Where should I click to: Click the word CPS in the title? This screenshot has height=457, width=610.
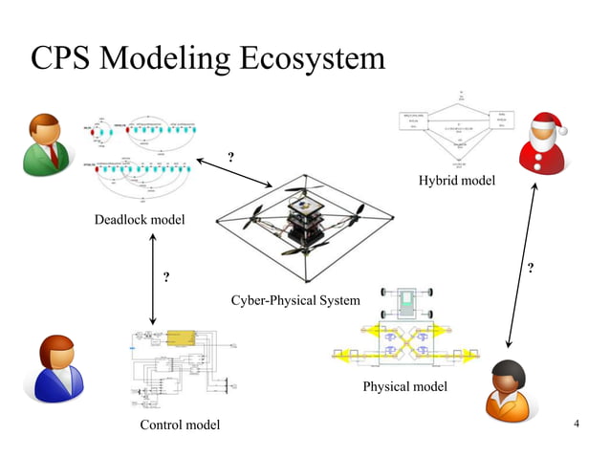pos(65,58)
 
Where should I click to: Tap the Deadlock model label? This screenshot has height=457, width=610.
pos(140,221)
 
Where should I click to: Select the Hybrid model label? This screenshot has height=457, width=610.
pos(456,182)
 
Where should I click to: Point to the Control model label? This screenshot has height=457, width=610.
pos(180,424)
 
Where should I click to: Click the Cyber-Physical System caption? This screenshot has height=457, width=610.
pos(295,301)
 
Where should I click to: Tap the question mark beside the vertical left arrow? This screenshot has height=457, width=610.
pos(166,278)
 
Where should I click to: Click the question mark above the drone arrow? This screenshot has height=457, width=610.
pos(229,156)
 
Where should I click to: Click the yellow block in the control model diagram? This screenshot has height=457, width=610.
pos(180,338)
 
